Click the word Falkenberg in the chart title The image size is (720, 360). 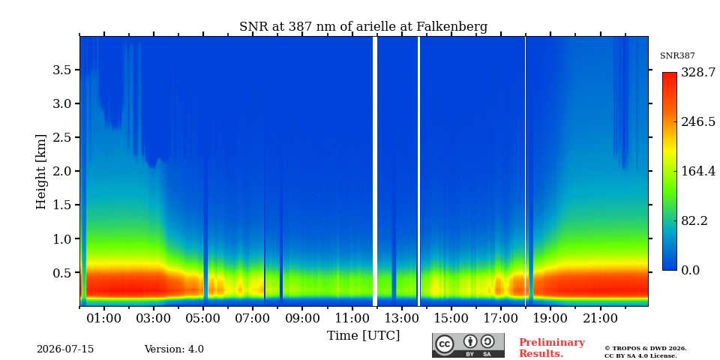click(x=451, y=27)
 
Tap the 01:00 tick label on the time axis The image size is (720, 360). click(x=104, y=318)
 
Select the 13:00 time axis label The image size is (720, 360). click(x=402, y=318)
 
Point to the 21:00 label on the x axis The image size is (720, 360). click(x=600, y=318)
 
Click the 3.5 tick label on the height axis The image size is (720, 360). click(x=63, y=70)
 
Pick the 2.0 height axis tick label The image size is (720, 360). click(x=63, y=171)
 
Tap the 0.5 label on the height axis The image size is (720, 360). click(x=63, y=272)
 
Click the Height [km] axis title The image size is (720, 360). click(x=41, y=172)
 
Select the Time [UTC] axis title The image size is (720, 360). click(x=363, y=336)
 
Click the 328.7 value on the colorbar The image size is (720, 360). click(x=698, y=73)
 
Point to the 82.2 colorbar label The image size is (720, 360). click(x=694, y=220)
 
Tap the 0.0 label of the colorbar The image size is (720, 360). click(x=690, y=270)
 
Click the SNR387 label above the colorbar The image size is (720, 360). click(x=677, y=56)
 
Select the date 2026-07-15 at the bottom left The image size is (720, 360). click(x=65, y=349)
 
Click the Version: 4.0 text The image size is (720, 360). click(x=174, y=349)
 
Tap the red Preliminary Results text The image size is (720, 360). click(x=552, y=348)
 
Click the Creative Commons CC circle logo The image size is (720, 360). click(x=444, y=344)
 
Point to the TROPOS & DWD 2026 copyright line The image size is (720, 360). click(x=646, y=349)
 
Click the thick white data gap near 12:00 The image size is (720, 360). click(x=375, y=171)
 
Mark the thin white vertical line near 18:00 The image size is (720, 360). click(x=525, y=171)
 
